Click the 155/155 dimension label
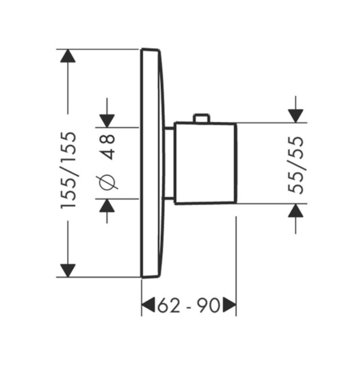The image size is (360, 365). tap(68, 170)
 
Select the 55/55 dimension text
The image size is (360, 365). tap(295, 165)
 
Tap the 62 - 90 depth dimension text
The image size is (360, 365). tap(189, 305)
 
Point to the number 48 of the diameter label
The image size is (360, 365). tap(107, 147)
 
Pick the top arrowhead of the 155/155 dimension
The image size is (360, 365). tap(68, 56)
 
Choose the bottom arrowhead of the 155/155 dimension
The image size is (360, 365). tap(68, 270)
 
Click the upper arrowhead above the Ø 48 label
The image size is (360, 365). tap(107, 121)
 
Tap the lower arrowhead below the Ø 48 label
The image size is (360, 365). tap(107, 205)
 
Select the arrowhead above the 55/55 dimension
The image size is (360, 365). tap(295, 116)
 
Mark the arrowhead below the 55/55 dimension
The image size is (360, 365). tap(295, 210)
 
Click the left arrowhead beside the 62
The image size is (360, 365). tap(148, 305)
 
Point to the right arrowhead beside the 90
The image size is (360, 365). tap(230, 305)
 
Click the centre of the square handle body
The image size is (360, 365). tap(205, 163)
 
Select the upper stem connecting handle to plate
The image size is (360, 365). tap(169, 128)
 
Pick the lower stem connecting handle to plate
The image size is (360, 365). tap(169, 199)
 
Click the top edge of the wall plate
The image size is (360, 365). tap(150, 50)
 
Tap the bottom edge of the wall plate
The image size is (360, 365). tap(150, 276)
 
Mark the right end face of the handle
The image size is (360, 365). tap(236, 163)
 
